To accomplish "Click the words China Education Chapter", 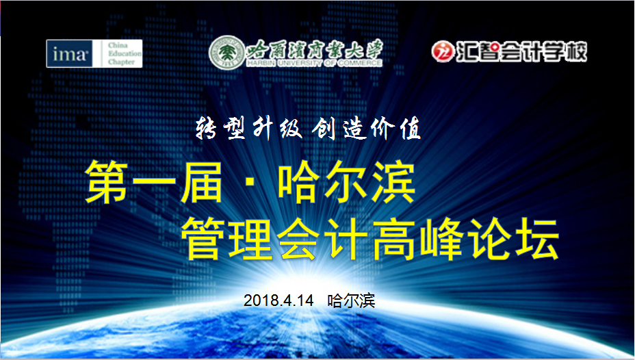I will [x=124, y=53].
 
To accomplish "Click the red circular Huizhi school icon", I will [x=443, y=51].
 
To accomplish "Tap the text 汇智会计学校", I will [x=521, y=51].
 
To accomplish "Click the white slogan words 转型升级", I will [x=239, y=127].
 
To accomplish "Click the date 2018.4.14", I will [x=278, y=300].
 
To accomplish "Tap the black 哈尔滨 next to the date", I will [x=352, y=300].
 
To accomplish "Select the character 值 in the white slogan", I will [x=409, y=127].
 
